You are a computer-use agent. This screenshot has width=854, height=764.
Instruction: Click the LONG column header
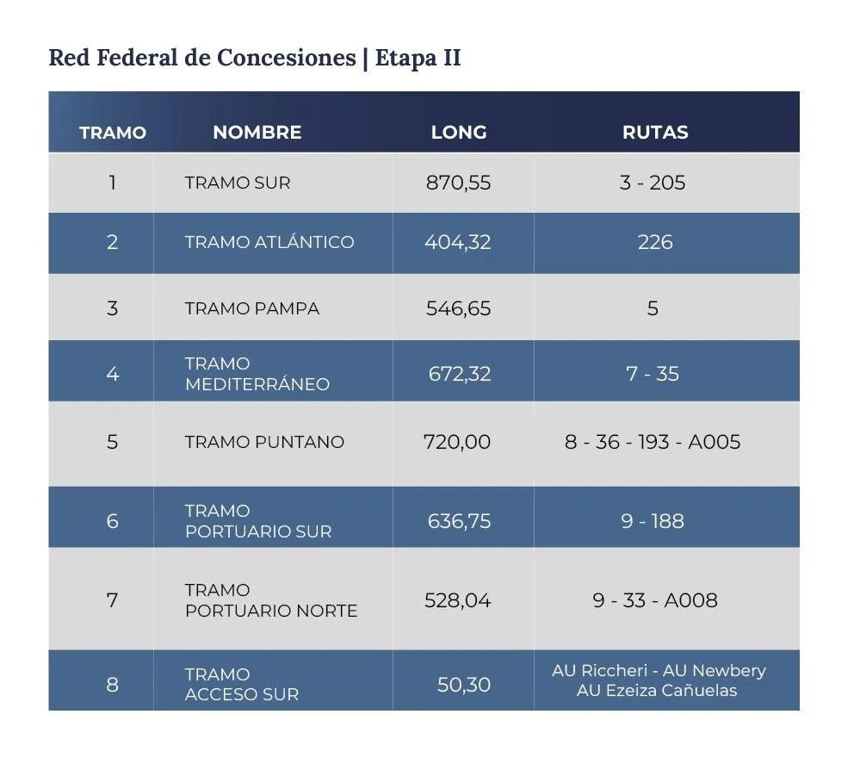tap(459, 133)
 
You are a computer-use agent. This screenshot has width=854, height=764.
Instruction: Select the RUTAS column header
tap(655, 133)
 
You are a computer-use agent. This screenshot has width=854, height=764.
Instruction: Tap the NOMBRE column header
tap(257, 133)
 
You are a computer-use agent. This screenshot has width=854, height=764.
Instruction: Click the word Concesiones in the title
tap(286, 58)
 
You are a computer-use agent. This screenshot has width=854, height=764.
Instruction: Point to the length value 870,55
tap(458, 183)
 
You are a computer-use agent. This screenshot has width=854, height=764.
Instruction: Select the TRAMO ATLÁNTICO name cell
tap(269, 242)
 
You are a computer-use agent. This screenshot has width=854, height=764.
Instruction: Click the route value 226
tap(655, 242)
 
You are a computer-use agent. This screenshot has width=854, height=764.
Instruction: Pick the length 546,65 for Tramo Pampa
tap(458, 308)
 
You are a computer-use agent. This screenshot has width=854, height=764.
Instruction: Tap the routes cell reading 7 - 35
tap(653, 373)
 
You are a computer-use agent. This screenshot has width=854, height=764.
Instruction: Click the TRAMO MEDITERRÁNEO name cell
tap(257, 374)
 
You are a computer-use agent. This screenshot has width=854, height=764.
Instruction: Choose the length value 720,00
tap(457, 442)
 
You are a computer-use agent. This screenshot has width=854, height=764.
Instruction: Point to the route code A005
tap(715, 442)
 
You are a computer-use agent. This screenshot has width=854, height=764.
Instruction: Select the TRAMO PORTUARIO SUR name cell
tap(257, 521)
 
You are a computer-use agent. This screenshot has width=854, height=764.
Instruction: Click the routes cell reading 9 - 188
tap(653, 521)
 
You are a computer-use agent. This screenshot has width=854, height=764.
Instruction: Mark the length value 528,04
tap(457, 600)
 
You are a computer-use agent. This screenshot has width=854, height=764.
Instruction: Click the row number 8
tap(112, 685)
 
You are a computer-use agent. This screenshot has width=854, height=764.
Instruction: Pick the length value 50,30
tap(464, 685)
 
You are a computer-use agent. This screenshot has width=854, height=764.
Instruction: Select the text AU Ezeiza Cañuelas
tap(657, 690)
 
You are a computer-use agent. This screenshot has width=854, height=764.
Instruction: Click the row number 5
tap(112, 442)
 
